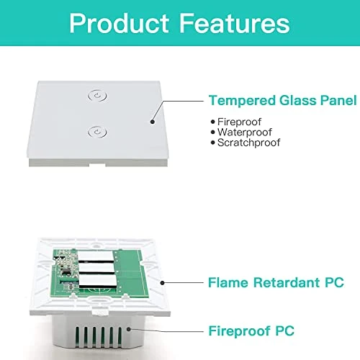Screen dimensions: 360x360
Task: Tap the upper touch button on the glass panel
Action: click(96, 95)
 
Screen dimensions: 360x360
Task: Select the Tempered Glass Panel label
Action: click(282, 100)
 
